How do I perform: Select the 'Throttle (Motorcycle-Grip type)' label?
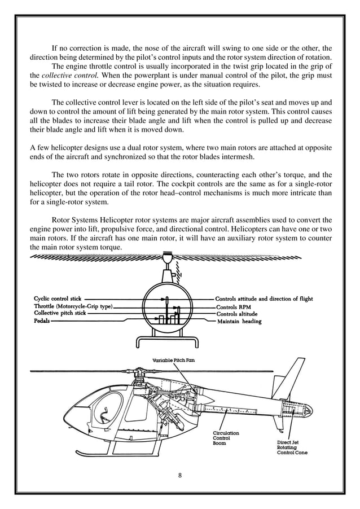point(73,306)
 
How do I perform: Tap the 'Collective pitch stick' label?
point(60,313)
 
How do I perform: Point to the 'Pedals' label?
point(41,320)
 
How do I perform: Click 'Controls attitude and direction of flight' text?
point(264,299)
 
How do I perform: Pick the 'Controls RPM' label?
point(233,306)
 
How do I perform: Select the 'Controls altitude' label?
point(236,314)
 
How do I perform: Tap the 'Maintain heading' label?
point(239,321)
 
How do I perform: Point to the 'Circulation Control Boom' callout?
point(225,438)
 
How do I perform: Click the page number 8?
point(179,475)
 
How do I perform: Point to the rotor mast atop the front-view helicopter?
point(167,267)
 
